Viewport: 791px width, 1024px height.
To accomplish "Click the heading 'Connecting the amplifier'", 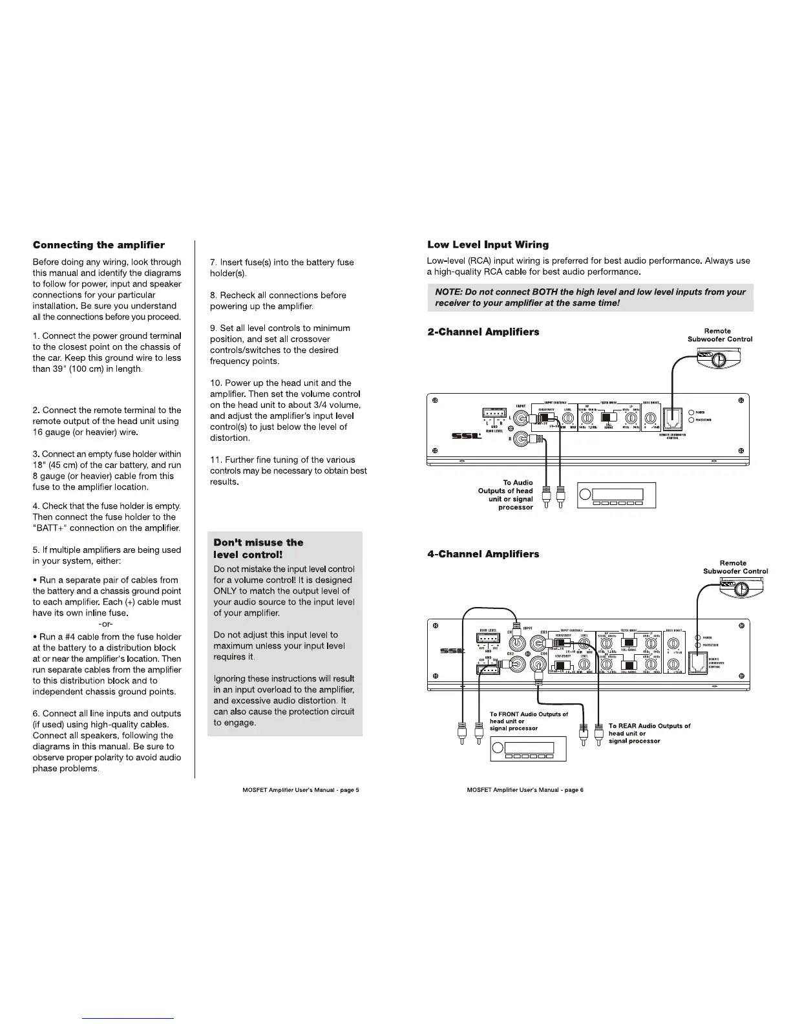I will [98, 245].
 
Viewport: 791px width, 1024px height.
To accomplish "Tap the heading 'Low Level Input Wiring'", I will [488, 244].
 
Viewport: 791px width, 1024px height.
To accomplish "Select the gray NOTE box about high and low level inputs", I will [590, 297].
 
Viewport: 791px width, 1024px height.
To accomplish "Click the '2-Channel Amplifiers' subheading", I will [483, 332].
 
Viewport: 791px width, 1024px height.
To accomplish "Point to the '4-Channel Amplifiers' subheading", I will [483, 554].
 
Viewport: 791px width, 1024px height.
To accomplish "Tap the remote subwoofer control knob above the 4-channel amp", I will [741, 588].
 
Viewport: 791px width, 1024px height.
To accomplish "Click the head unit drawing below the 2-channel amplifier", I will [616, 496].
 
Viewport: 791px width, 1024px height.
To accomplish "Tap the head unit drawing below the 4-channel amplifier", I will [529, 749].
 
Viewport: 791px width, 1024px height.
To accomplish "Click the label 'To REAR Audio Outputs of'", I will [649, 726].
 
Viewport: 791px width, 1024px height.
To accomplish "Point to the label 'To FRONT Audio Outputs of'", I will [529, 714].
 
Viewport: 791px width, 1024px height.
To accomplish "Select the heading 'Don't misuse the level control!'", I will [258, 549].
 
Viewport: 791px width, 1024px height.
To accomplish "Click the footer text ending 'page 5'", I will [295, 790].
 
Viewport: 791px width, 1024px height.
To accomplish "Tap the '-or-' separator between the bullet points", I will [106, 624].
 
